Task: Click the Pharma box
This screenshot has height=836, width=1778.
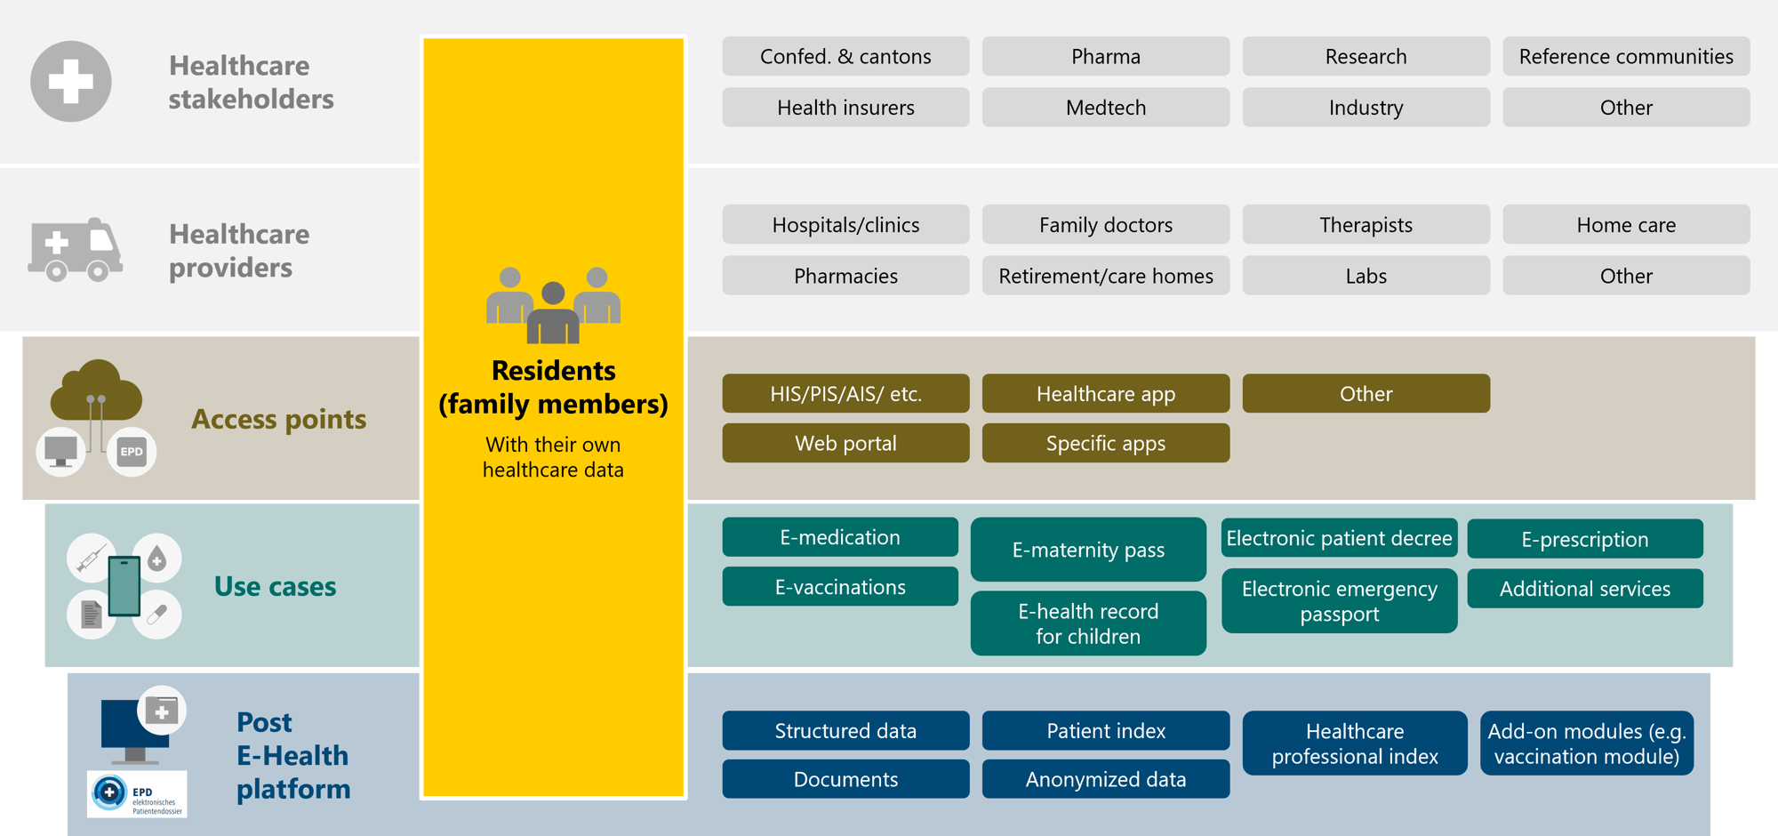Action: point(1105,57)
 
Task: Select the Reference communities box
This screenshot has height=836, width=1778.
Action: point(1625,57)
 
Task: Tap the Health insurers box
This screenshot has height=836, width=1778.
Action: point(845,108)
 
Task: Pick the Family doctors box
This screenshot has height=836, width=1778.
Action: point(1105,225)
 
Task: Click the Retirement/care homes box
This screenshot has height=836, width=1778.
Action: point(1105,276)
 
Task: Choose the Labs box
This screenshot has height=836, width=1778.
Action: point(1366,276)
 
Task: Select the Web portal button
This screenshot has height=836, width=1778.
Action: point(845,443)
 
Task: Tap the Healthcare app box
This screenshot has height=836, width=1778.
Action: point(1105,394)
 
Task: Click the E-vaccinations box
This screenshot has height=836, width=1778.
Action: point(840,587)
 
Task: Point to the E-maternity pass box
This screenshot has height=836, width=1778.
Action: point(1088,550)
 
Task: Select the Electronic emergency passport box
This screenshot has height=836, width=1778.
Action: point(1339,601)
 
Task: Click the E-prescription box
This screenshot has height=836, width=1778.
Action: point(1584,539)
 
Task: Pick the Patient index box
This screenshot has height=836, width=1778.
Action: point(1105,731)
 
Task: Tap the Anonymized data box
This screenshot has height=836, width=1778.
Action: point(1105,779)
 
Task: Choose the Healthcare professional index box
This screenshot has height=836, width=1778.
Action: point(1354,744)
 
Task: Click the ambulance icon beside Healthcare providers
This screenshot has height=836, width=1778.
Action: point(75,250)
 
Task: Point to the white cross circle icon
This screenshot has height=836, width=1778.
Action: point(71,82)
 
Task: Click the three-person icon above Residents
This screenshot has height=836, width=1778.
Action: point(553,305)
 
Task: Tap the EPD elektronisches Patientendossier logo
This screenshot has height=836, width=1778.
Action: point(137,794)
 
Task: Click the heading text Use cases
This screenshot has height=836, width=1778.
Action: point(275,587)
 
